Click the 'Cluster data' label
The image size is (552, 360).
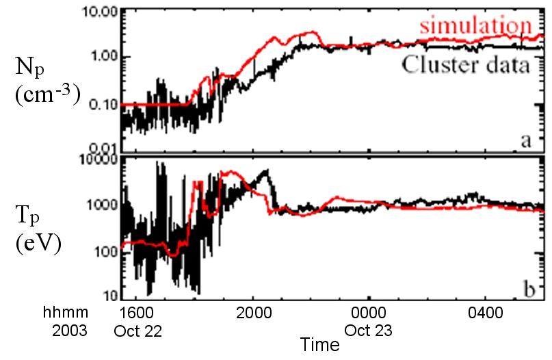click(466, 65)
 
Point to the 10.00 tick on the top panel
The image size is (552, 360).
click(100, 12)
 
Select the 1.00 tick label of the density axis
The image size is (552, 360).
click(102, 58)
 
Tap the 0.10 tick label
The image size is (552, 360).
click(102, 105)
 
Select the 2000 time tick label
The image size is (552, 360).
click(253, 313)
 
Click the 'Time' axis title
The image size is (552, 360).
click(320, 344)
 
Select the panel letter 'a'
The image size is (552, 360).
click(525, 141)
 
